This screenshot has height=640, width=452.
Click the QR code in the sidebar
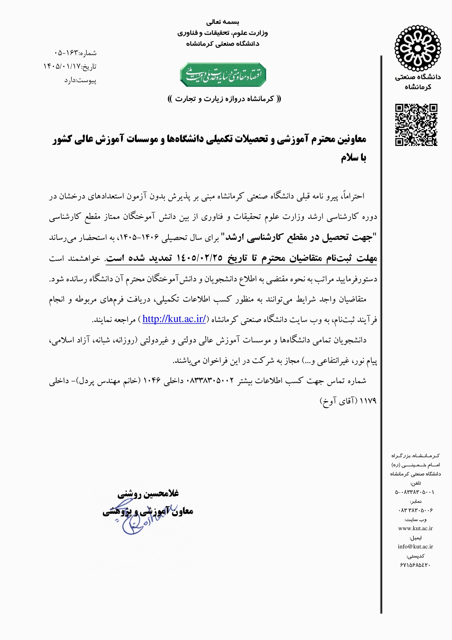[x=416, y=125]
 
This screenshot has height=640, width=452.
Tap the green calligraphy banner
[x=223, y=75]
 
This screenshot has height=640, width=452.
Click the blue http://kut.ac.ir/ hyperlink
[x=174, y=319]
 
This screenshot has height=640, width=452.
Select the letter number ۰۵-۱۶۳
[x=66, y=53]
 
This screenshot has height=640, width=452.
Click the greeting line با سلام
[x=353, y=158]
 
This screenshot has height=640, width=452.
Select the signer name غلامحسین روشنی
[x=148, y=494]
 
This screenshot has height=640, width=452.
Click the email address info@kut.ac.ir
[x=415, y=547]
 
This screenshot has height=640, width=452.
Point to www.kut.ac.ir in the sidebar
[x=415, y=528]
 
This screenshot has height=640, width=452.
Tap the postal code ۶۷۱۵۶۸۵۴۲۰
[x=415, y=565]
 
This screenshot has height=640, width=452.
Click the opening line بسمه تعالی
[x=223, y=22]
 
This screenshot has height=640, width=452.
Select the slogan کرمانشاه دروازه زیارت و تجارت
[x=224, y=99]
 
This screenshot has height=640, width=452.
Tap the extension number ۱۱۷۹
[x=368, y=401]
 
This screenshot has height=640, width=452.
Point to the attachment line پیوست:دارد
[x=80, y=81]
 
